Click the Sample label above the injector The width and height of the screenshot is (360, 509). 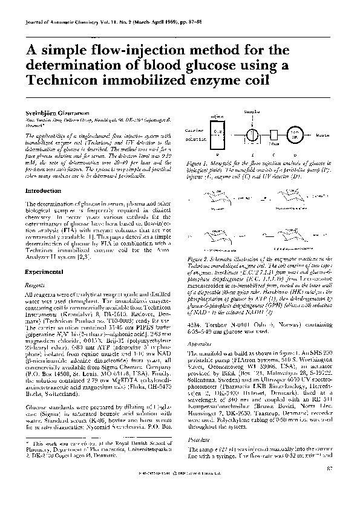coord(252,112)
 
